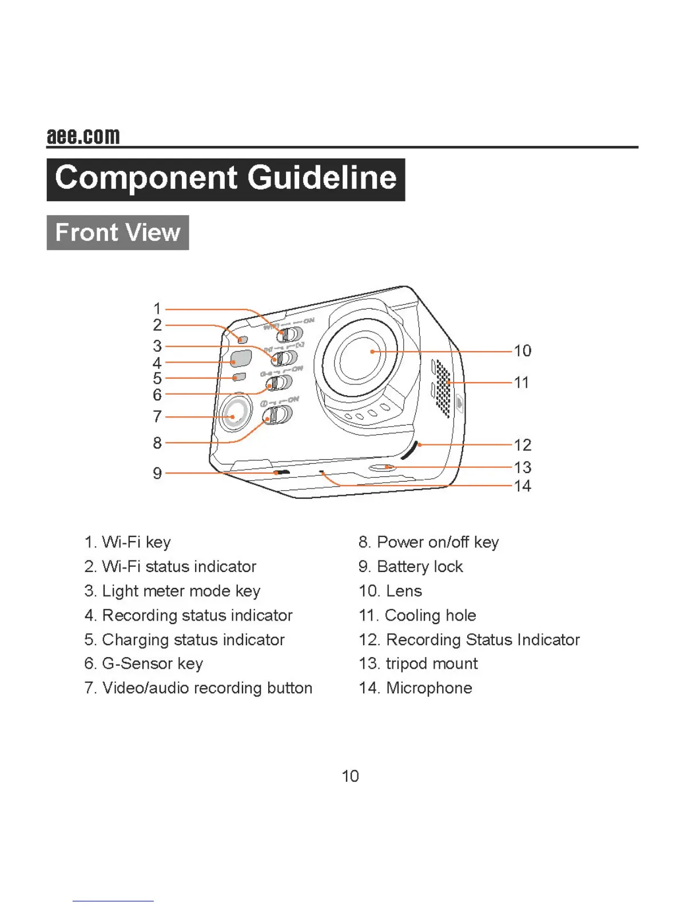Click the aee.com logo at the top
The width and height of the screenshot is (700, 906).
point(83,136)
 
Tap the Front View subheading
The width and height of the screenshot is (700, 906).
point(118,233)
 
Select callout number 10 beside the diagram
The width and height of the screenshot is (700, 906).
point(522,351)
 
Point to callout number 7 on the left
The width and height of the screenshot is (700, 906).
point(157,416)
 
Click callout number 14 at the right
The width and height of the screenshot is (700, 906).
point(522,486)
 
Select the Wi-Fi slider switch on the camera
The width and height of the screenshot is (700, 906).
point(289,333)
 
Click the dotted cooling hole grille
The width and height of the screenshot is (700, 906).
point(443,387)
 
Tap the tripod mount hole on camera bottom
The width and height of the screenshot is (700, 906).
point(383,467)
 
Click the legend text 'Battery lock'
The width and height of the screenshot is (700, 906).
point(420,567)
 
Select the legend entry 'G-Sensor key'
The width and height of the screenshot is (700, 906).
point(152,663)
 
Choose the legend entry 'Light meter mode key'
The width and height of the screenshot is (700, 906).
point(181,591)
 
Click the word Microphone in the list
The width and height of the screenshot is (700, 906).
point(429,688)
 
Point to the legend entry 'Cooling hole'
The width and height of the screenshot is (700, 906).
point(430,615)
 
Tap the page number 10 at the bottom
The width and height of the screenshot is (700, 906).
point(350,776)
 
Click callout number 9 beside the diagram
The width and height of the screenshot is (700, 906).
point(157,474)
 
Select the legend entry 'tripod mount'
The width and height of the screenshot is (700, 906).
point(431,663)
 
